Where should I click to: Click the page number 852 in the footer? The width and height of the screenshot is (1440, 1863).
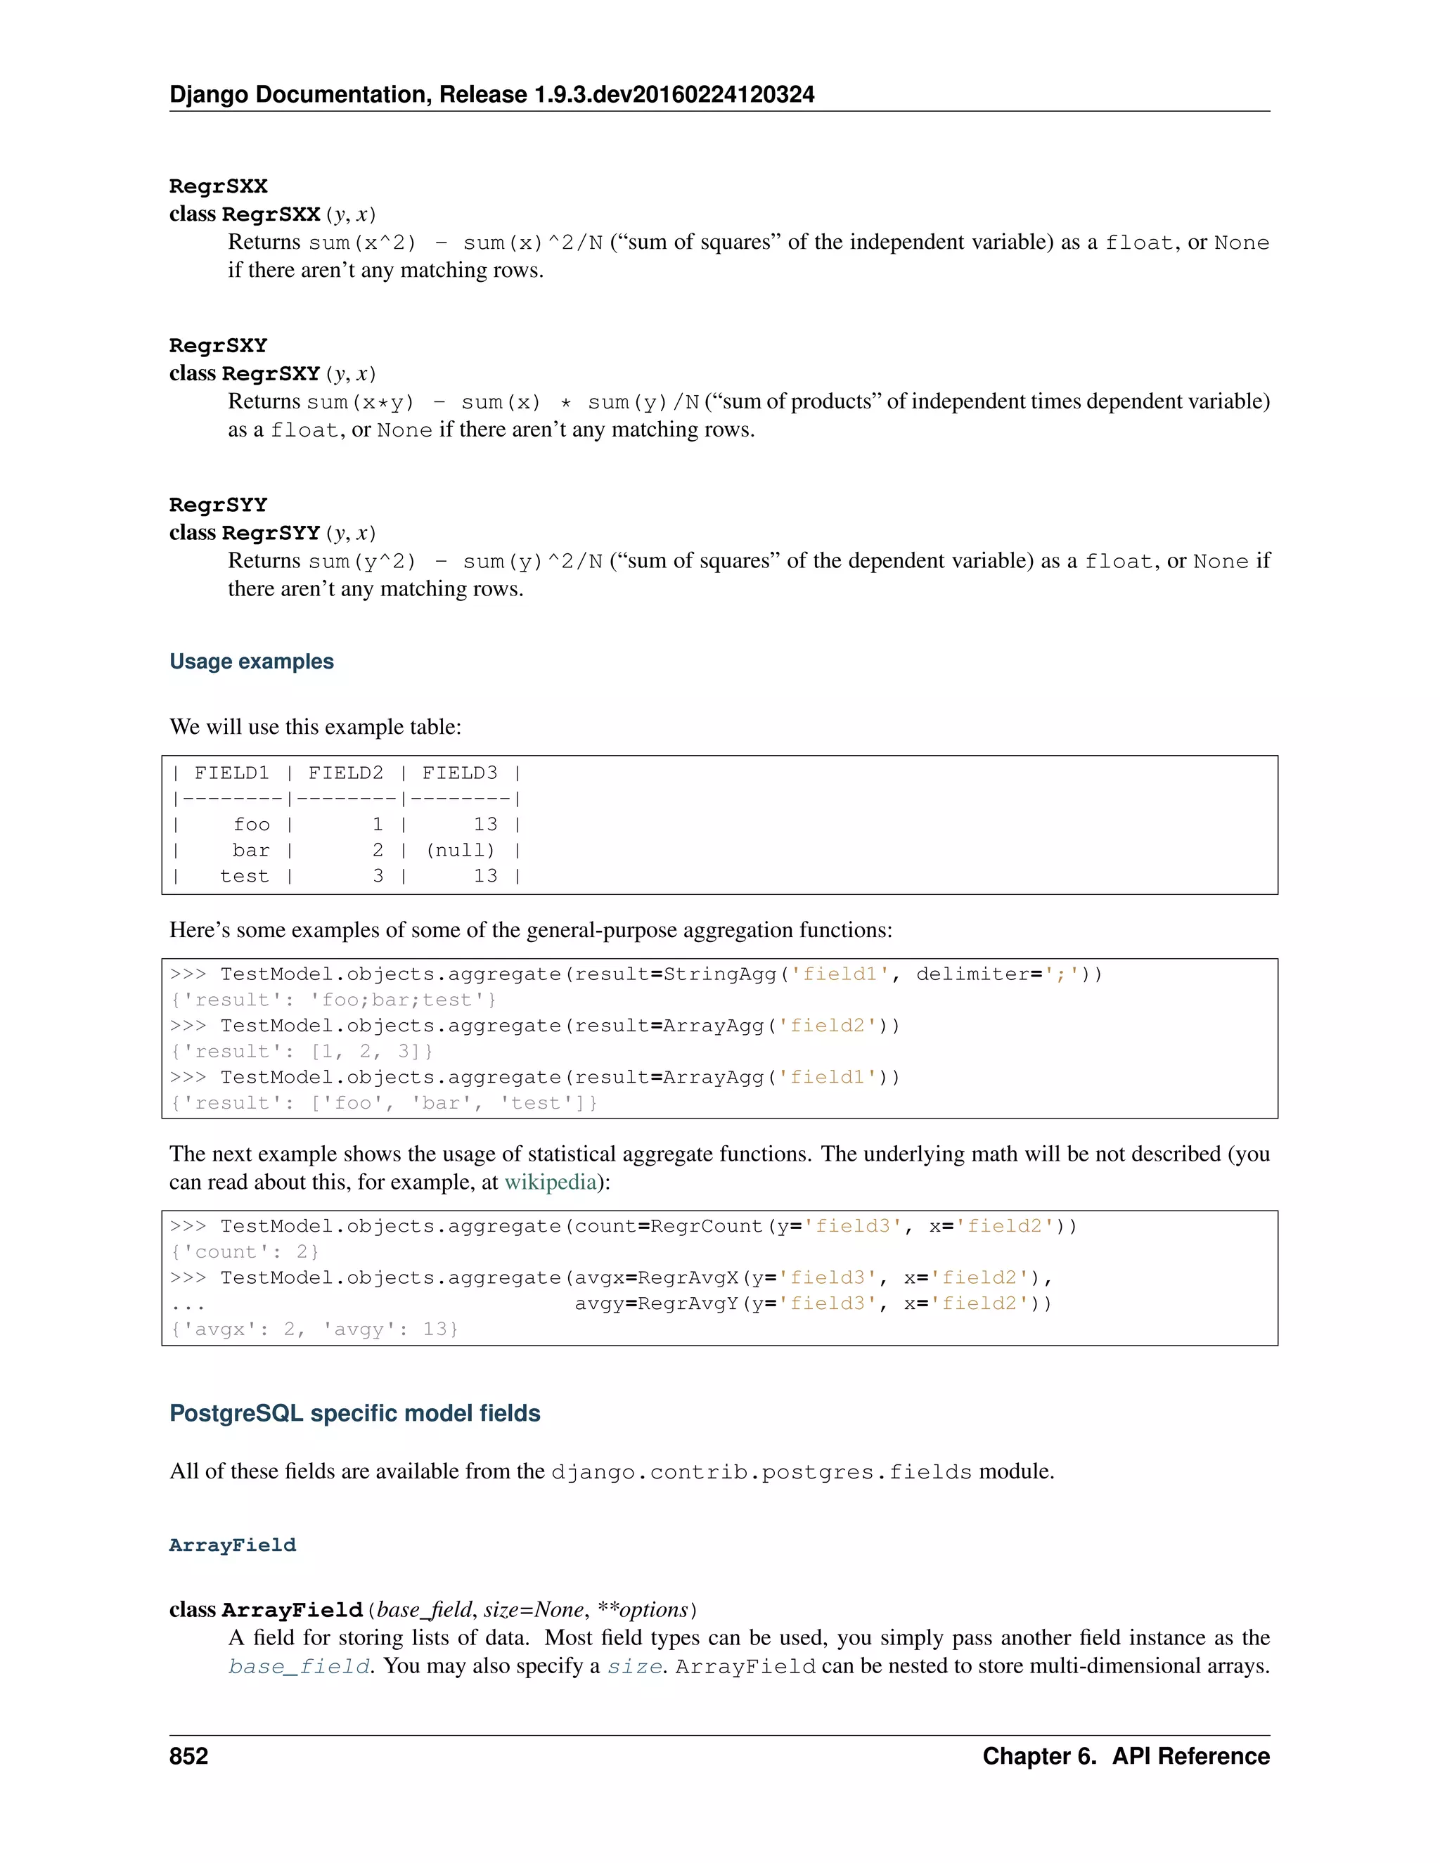[x=188, y=1756]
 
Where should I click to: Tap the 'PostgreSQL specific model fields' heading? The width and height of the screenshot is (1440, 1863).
[x=355, y=1414]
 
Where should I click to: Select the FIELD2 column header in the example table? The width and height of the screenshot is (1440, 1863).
[x=345, y=773]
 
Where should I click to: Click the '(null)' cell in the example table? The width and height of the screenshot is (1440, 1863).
[x=460, y=851]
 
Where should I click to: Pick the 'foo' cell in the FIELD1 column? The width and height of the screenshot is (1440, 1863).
[x=252, y=825]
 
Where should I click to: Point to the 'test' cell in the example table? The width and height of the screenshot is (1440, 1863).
[x=244, y=876]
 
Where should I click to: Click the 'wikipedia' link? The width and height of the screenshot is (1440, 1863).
[x=551, y=1182]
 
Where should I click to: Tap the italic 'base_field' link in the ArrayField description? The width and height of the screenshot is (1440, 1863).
[x=300, y=1666]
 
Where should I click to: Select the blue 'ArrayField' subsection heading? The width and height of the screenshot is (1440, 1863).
[x=233, y=1545]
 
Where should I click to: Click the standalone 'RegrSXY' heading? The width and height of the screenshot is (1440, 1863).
[x=219, y=345]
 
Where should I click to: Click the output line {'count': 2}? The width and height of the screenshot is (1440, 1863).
[x=244, y=1251]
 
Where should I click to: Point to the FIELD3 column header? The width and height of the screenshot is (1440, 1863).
[x=460, y=773]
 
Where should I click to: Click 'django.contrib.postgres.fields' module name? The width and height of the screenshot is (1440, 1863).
[x=761, y=1472]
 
